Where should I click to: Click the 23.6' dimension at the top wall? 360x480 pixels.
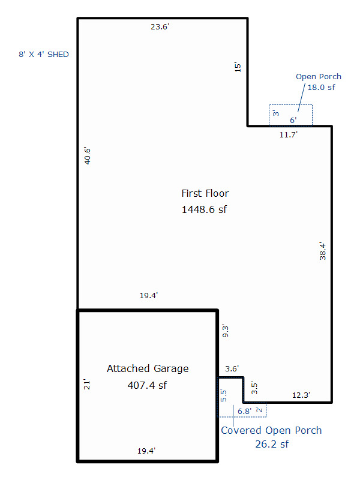click(160, 27)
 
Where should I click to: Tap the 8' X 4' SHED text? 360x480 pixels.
click(44, 55)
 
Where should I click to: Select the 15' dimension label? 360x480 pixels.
click(238, 67)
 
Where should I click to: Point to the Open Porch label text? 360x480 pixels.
click(319, 77)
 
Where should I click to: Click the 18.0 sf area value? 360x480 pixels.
click(321, 87)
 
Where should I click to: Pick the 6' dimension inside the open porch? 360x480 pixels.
click(293, 120)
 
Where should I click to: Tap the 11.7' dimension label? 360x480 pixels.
click(289, 134)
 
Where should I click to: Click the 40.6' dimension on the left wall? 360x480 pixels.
click(88, 156)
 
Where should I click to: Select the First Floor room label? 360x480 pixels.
click(205, 193)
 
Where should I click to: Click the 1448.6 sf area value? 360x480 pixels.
click(204, 209)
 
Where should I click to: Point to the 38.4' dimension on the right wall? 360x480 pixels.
click(323, 251)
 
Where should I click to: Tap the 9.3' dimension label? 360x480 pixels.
click(226, 331)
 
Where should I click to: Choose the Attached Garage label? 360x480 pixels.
click(148, 368)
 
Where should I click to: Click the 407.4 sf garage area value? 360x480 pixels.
click(147, 385)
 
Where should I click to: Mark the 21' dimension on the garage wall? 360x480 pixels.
click(87, 385)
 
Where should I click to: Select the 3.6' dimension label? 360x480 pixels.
click(232, 368)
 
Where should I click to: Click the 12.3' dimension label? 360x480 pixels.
click(301, 395)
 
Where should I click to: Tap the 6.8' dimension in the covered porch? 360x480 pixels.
click(244, 412)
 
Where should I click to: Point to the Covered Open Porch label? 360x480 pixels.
click(271, 430)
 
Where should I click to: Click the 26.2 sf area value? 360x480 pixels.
click(272, 444)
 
